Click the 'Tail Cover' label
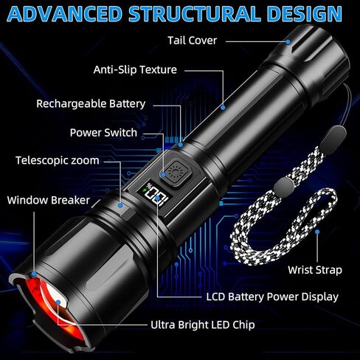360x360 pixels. (x=193, y=41)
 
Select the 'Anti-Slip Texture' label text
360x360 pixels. (x=135, y=70)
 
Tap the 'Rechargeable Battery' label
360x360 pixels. (x=91, y=104)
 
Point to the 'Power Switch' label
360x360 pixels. (x=103, y=133)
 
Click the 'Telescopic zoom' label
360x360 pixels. (x=58, y=161)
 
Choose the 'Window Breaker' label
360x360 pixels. (x=49, y=200)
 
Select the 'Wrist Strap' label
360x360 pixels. (x=315, y=270)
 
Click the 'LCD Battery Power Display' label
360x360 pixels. (x=272, y=297)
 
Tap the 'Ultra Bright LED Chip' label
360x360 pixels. (x=203, y=325)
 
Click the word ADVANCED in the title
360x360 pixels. (x=65, y=14)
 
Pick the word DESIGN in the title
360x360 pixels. (x=304, y=14)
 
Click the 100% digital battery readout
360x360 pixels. (x=156, y=194)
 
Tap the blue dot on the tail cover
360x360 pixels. (x=288, y=42)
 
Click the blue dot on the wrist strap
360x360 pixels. (x=317, y=232)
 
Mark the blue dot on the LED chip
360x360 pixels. (x=58, y=302)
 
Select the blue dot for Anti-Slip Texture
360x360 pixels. (x=223, y=108)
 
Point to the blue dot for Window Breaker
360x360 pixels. (x=34, y=274)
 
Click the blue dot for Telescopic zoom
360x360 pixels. (x=120, y=205)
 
